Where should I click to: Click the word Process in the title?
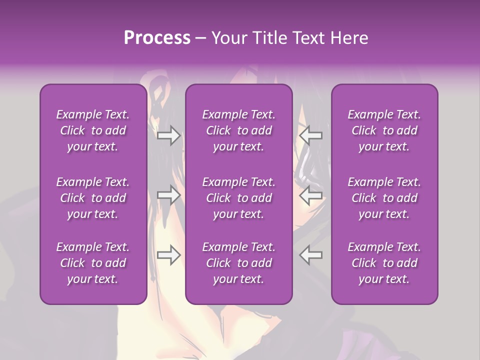click(157, 38)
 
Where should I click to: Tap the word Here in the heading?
click(349, 38)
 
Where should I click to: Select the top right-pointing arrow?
click(168, 135)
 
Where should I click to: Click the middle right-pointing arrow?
click(168, 195)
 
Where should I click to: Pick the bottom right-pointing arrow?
click(168, 255)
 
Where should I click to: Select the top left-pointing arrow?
click(311, 135)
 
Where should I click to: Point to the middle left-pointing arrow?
click(311, 195)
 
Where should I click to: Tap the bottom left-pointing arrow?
click(311, 255)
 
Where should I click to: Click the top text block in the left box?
click(93, 130)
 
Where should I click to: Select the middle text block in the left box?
click(93, 198)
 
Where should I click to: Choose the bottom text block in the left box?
click(93, 263)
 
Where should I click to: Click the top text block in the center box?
click(239, 130)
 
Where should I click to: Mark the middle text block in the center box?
click(239, 198)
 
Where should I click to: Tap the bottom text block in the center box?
click(239, 263)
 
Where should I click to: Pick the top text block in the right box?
click(384, 130)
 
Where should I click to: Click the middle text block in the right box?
click(384, 198)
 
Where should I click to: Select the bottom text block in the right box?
click(384, 263)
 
